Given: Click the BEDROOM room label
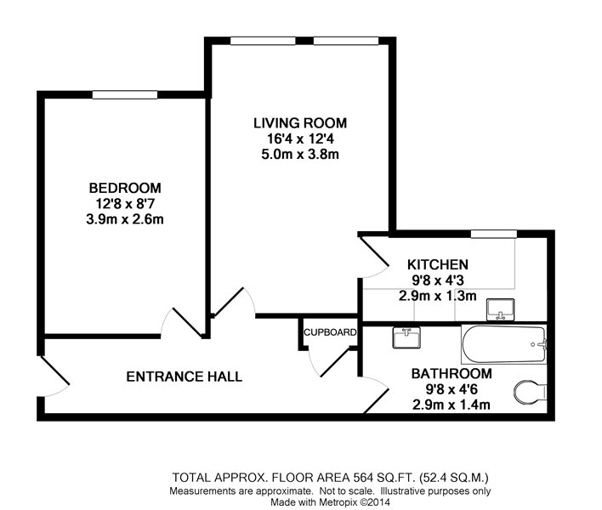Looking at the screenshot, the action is [x=125, y=188].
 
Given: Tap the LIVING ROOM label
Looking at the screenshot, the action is [x=300, y=122].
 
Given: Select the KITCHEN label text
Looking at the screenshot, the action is [x=438, y=265].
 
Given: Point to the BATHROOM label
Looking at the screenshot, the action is [x=451, y=373].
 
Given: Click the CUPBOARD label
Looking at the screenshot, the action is [x=330, y=332].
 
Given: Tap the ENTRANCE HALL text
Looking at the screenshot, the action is [x=185, y=377].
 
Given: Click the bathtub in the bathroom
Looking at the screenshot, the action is [x=504, y=344].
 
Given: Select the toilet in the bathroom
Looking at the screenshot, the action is [x=531, y=392].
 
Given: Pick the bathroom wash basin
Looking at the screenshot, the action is [x=406, y=337].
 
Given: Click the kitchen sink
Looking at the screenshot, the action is [x=500, y=309].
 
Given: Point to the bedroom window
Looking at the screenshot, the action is [x=125, y=94].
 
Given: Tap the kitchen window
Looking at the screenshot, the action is [x=494, y=234].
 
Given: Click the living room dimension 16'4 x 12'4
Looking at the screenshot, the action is [x=300, y=139].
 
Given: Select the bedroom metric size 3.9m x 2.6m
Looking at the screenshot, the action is [x=125, y=219].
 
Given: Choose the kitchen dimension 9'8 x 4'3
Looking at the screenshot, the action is [x=438, y=280].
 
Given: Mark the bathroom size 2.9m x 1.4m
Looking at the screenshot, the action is [x=451, y=405].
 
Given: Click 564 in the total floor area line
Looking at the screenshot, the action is [x=364, y=478].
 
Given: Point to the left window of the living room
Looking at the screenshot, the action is [x=263, y=41].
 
